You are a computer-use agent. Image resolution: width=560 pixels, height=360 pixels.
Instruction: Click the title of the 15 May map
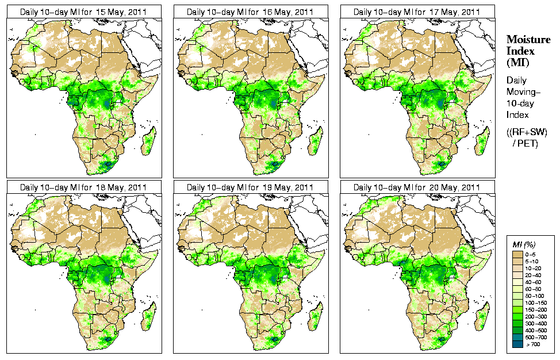click(x=83, y=12)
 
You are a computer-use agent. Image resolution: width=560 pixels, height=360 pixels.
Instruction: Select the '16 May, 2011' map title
click(x=250, y=12)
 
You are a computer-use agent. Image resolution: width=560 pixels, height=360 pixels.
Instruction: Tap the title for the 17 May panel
click(x=417, y=12)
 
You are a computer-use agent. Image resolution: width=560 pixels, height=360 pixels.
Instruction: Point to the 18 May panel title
click(x=83, y=187)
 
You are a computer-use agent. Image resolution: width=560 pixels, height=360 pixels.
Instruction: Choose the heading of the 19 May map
click(x=250, y=187)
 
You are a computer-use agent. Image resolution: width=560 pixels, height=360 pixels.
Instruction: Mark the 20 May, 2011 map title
click(x=417, y=187)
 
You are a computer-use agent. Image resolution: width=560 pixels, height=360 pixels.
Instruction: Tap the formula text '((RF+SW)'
click(x=527, y=132)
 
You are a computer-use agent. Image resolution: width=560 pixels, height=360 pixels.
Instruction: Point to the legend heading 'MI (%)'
click(x=524, y=245)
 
